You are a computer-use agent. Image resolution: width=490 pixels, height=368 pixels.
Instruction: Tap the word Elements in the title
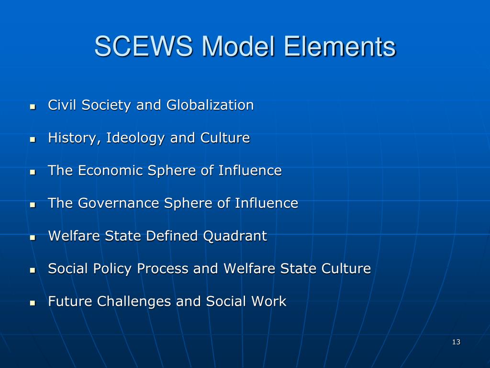click(x=340, y=47)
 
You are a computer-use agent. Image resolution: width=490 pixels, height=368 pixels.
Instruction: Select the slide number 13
click(x=456, y=342)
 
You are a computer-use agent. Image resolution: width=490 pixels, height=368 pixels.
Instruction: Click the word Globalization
click(x=210, y=105)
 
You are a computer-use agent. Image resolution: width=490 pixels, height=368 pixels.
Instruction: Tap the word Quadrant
click(x=235, y=236)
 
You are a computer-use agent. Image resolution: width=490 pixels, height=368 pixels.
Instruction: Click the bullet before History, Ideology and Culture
click(x=33, y=139)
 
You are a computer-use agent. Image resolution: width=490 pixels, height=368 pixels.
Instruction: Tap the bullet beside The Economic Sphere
click(x=33, y=172)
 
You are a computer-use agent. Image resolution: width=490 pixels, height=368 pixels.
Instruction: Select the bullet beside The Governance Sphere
click(x=33, y=204)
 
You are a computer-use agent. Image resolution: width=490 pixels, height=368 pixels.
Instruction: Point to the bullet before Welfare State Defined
click(x=33, y=237)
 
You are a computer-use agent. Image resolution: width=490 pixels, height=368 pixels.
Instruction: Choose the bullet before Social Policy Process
click(x=33, y=270)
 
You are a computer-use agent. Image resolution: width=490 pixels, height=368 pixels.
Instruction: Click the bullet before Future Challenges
click(x=33, y=302)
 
